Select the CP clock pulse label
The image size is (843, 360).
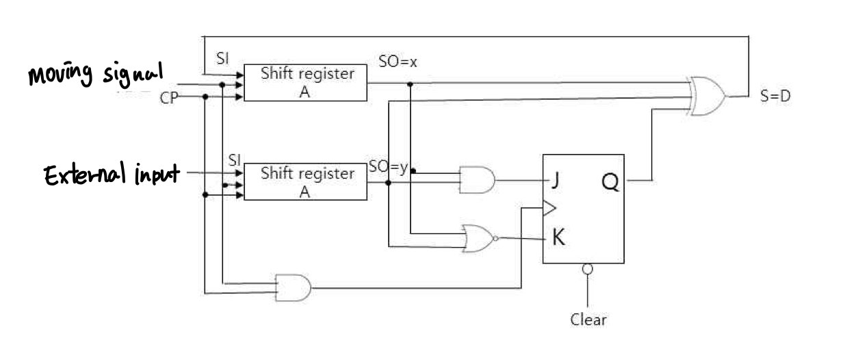point(168,98)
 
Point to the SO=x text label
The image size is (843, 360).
point(398,62)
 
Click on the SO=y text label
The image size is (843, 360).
point(388,166)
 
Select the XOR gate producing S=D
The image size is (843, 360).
point(709,97)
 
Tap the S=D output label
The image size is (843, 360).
point(776,97)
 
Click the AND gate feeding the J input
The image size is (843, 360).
point(477,179)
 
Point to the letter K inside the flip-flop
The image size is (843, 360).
point(558,238)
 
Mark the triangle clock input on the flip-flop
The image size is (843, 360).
point(549,206)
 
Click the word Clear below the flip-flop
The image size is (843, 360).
point(588,320)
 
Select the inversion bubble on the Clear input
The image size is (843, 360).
point(587,270)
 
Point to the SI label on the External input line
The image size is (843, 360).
point(235,159)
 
